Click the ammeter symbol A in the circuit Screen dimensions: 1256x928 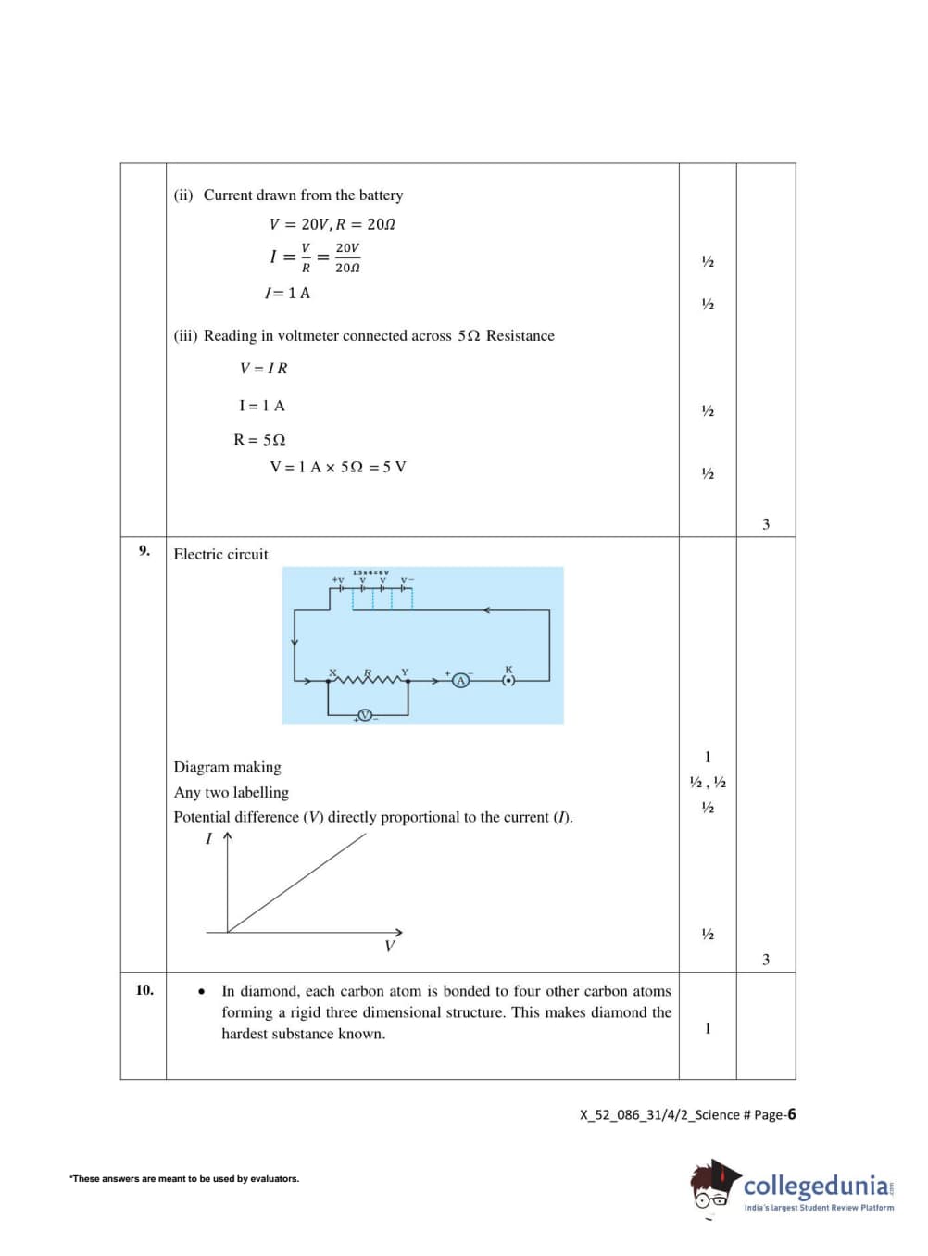click(460, 681)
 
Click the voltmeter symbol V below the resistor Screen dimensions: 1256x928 click(365, 715)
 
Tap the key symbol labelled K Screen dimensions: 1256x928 click(508, 681)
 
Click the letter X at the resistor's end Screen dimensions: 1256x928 click(332, 672)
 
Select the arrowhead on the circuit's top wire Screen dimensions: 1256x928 click(487, 610)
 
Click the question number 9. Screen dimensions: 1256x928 click(144, 551)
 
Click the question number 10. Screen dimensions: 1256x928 click(144, 990)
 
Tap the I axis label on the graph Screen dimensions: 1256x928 click(208, 838)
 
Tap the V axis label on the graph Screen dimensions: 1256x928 click(389, 947)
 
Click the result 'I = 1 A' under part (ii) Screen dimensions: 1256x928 click(287, 294)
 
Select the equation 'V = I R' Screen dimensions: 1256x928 click(264, 369)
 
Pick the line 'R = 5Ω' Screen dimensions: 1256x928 click(259, 440)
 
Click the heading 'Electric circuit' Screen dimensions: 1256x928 click(220, 555)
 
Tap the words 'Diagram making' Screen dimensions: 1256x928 click(227, 767)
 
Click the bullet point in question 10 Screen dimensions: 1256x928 click(202, 992)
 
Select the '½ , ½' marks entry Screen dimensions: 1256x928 click(708, 783)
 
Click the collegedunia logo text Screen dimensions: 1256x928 click(816, 1186)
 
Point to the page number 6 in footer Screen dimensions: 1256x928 click(792, 1114)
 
